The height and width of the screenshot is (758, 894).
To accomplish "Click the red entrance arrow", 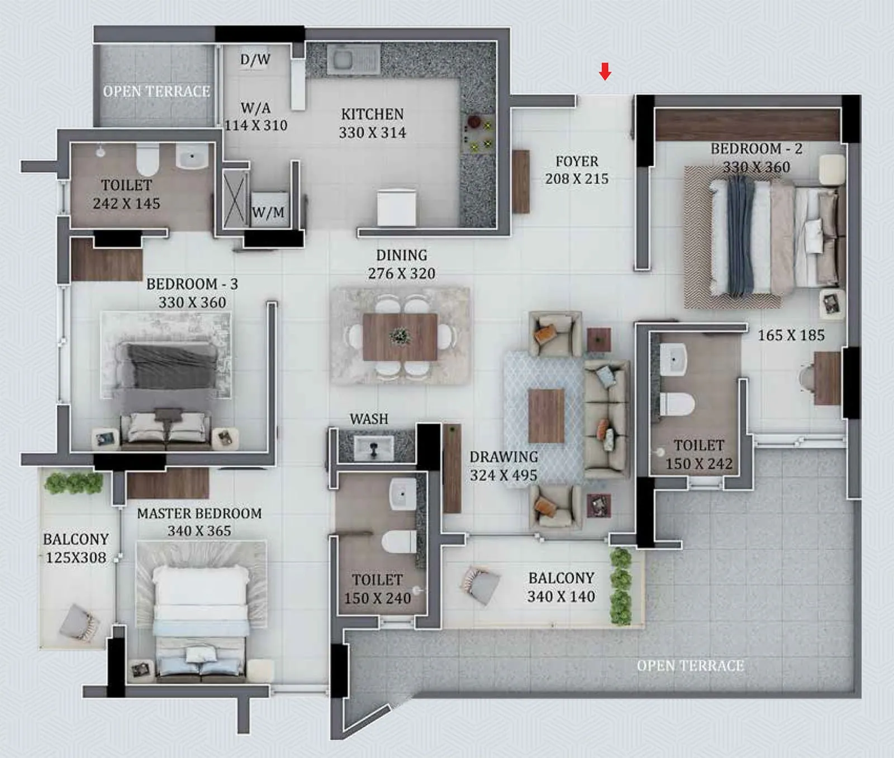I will tap(605, 71).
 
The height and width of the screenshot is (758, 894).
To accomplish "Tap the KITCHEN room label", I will tap(372, 114).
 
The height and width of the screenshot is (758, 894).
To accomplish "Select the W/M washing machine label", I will tap(268, 212).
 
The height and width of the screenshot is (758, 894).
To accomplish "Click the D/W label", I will tap(255, 59).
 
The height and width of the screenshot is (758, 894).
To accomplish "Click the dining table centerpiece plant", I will tap(400, 336).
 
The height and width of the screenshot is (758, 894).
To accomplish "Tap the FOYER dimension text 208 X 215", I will tap(577, 179).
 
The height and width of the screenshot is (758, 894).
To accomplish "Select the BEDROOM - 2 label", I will tap(756, 148).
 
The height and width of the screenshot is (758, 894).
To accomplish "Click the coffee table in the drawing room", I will tap(546, 416).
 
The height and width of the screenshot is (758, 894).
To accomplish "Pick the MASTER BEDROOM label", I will tap(199, 513).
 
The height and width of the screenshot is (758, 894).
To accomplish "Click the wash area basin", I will tap(373, 447).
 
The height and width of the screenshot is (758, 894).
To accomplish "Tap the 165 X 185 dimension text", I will tap(791, 335).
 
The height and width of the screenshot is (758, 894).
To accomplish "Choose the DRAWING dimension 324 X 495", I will tap(503, 475).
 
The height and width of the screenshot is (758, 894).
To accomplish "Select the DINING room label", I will tap(402, 255).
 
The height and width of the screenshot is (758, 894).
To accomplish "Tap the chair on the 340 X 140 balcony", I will tap(481, 584).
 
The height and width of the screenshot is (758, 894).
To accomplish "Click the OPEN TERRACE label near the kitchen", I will tap(156, 91).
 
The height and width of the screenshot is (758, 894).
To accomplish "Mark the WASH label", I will tap(369, 419).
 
